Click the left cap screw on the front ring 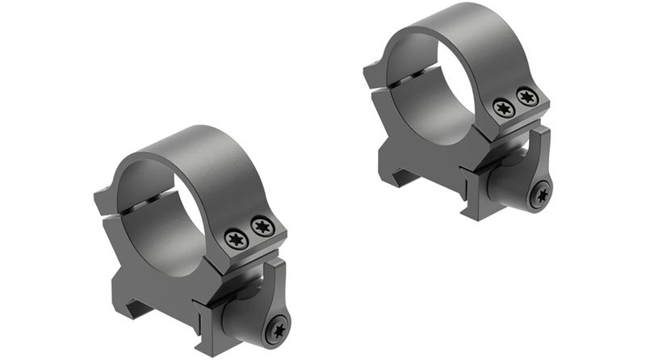237,238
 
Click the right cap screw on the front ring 262,227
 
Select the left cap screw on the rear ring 504,108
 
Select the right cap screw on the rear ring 527,98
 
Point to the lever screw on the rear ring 540,195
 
